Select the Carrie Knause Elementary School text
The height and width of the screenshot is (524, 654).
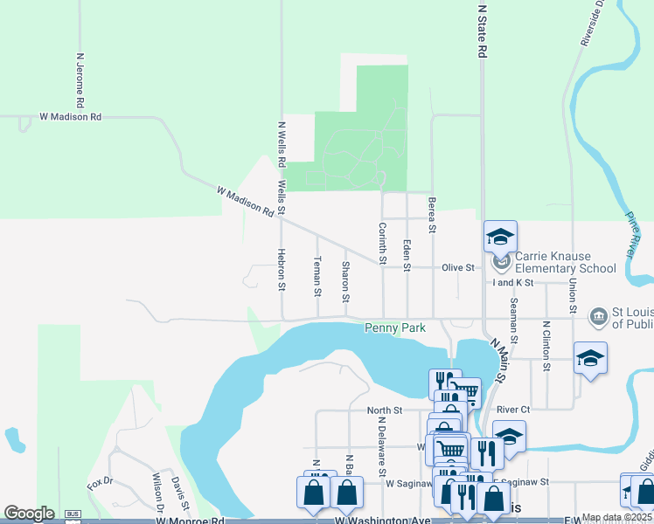click(x=566, y=262)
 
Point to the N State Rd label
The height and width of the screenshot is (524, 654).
click(x=482, y=32)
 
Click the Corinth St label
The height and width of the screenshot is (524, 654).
click(x=382, y=243)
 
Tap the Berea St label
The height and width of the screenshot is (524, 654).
click(x=432, y=214)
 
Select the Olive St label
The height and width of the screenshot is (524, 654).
click(x=458, y=267)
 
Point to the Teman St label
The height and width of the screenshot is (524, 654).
click(x=317, y=275)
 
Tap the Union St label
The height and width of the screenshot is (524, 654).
click(x=573, y=291)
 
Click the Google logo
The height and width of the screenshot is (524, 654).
click(x=30, y=514)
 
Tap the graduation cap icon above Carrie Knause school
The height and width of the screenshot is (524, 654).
click(x=500, y=237)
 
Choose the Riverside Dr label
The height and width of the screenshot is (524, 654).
click(x=592, y=23)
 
